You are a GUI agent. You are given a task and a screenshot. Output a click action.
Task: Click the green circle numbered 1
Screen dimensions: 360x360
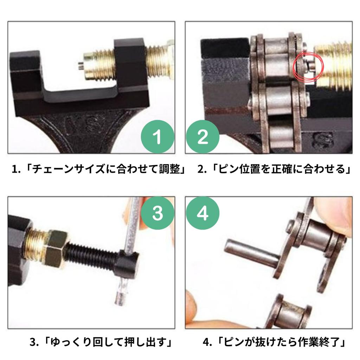158,137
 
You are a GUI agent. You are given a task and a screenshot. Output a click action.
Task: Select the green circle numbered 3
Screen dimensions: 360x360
158,213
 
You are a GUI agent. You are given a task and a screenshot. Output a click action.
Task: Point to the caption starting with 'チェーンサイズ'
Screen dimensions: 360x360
99,170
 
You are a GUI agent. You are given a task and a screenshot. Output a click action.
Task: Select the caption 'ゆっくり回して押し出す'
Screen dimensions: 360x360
102,342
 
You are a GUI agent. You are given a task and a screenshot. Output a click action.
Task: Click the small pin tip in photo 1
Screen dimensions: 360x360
81,65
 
